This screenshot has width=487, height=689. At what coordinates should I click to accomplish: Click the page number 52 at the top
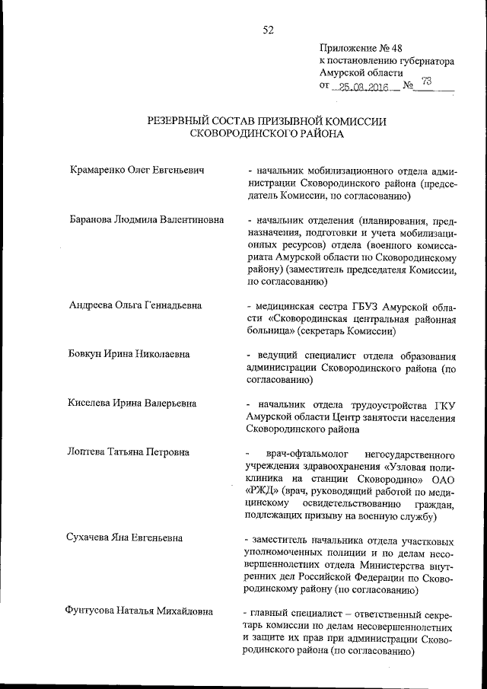coord(268,30)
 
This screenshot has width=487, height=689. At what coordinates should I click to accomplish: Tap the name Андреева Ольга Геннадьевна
coord(135,305)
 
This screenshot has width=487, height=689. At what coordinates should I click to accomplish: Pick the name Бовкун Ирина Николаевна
coord(129,354)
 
